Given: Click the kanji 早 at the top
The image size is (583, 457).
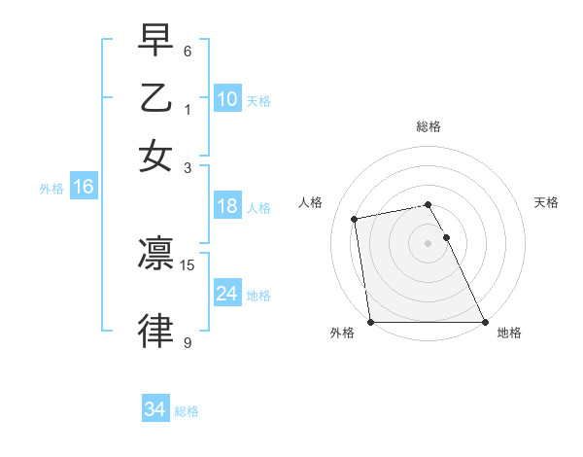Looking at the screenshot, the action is [155, 42].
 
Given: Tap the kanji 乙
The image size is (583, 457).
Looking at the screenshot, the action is [155, 97].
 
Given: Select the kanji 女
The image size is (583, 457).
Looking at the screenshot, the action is [155, 156].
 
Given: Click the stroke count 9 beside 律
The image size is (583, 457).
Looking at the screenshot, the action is [187, 342].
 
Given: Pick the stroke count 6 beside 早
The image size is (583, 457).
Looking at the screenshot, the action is [187, 52].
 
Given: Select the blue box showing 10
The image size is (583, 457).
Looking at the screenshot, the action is [226, 99].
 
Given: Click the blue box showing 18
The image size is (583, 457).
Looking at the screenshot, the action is [226, 206].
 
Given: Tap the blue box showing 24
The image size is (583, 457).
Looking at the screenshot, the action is [226, 294].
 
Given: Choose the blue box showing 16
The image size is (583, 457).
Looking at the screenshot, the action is [83, 187].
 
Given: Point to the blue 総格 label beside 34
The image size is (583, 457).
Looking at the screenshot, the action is [187, 411].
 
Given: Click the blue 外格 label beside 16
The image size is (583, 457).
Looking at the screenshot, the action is [51, 189].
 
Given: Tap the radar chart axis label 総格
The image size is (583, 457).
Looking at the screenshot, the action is [429, 126].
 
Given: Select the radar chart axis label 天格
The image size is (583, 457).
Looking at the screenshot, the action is [547, 202].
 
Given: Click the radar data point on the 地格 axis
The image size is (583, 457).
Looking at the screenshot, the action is [484, 322].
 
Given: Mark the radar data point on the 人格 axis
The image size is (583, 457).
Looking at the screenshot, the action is [356, 219].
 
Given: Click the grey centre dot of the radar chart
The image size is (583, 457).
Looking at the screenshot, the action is [429, 242].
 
